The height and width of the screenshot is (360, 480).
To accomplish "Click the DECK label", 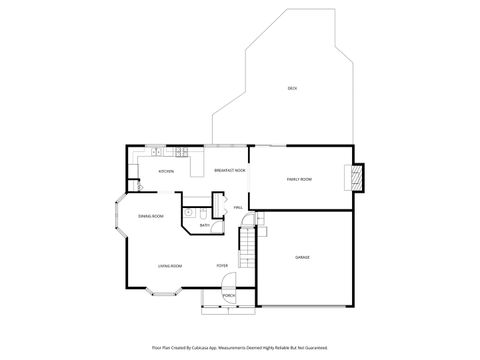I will tap(292, 89).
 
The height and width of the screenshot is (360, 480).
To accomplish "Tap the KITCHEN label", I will tap(166, 171).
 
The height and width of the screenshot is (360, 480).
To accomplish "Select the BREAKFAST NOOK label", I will tap(230, 171).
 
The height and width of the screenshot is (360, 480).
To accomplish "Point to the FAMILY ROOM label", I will tap(299, 179).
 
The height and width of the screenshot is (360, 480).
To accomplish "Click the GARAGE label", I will tap(301, 257).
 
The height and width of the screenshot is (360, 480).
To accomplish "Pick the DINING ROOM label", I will tap(151, 216).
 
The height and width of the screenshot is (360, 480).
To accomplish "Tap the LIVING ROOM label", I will tap(169, 266).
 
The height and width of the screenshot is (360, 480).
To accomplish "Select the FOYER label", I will tap(222, 266).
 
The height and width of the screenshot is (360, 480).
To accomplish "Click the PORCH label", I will tap(228, 297).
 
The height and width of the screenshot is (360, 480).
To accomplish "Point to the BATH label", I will tap(204, 226).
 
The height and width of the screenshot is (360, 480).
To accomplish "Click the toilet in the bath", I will tap(203, 213).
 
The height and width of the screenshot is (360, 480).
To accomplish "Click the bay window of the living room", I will tap(163, 292).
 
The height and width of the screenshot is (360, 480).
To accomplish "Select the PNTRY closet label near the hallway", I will tap(238, 208).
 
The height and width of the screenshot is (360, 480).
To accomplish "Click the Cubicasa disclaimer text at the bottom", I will tap(240, 347).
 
